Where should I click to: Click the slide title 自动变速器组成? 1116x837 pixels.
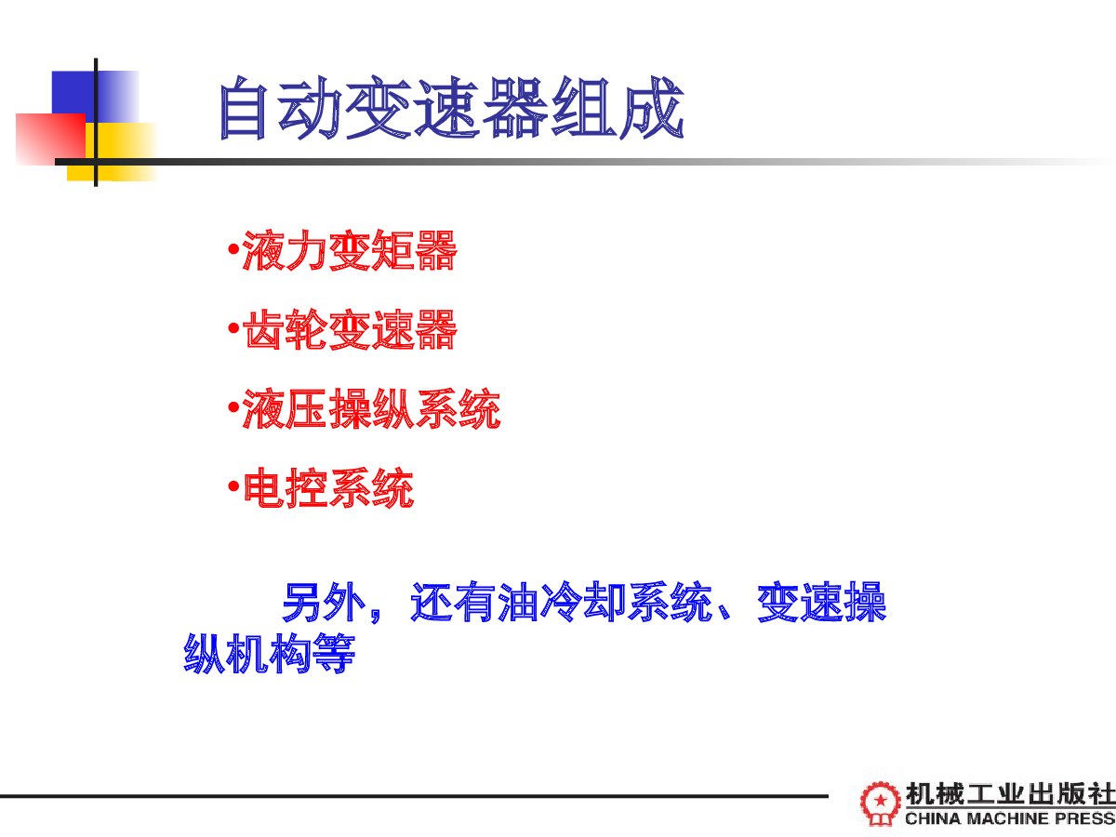pos(452,108)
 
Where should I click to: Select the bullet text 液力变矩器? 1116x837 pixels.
pos(351,250)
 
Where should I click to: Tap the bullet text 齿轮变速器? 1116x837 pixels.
pos(351,329)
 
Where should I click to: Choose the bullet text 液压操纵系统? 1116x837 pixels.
pos(372,408)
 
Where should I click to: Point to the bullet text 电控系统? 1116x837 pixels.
pos(328,488)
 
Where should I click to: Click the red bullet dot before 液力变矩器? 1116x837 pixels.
pos(233,249)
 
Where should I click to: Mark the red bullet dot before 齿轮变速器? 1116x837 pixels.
pos(233,328)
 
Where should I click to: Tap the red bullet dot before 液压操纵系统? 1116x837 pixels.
pos(233,407)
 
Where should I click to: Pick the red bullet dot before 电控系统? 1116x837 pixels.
pos(233,486)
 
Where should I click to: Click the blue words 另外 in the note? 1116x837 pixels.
pos(324,603)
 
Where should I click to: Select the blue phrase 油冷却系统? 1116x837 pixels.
pos(605,603)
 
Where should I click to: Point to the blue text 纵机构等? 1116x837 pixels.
pos(270,654)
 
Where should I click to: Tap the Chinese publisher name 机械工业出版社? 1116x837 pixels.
pos(1010,794)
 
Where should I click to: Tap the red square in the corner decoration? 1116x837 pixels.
pos(50,139)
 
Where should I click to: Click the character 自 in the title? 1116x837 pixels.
pos(243,108)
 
